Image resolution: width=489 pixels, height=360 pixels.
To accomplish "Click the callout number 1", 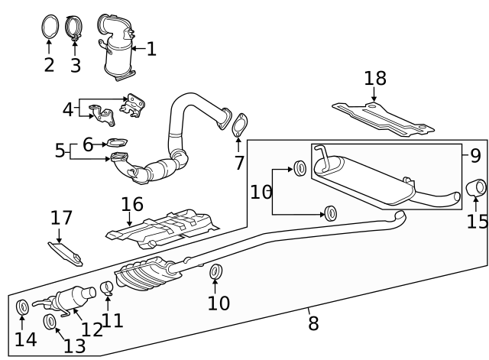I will (151, 50).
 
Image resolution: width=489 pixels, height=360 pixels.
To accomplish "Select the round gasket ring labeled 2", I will (49, 27).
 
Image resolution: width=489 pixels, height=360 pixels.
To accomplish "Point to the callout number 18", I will (375, 78).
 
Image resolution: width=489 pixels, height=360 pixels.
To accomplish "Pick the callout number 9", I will (475, 156).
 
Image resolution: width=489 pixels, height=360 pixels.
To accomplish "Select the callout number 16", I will (132, 204).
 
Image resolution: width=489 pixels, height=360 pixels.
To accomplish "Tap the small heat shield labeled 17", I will (66, 251).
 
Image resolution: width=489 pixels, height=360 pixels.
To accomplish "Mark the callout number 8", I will (313, 323).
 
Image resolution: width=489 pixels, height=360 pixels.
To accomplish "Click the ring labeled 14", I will (23, 307).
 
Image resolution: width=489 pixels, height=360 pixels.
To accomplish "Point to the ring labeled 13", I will (50, 321).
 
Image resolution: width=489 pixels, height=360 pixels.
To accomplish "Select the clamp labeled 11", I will (108, 289).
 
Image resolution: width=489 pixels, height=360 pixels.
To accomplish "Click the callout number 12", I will (92, 329).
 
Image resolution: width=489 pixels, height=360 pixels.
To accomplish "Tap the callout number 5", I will (60, 151).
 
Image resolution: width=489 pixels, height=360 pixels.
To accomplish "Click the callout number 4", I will (68, 110).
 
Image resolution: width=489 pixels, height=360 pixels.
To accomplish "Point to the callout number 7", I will (239, 163).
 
